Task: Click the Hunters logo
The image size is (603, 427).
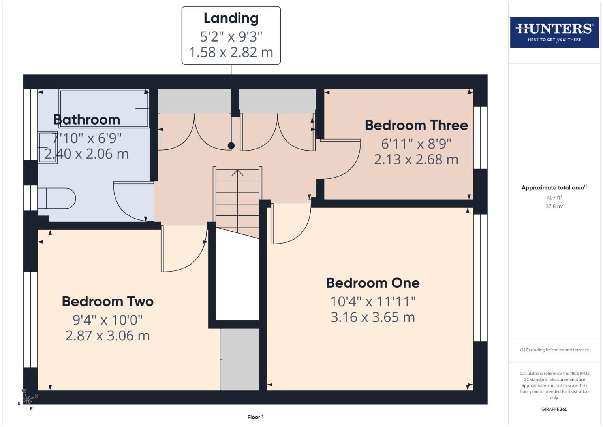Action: [x=554, y=32]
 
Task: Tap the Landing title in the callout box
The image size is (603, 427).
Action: [x=231, y=18]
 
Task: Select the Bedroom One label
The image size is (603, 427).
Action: [x=372, y=283]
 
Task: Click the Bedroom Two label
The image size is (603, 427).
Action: [x=107, y=302]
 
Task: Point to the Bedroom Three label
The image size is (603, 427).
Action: [x=416, y=125]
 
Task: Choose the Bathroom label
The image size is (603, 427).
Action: [x=86, y=119]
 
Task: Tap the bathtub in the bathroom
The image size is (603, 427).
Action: [x=104, y=108]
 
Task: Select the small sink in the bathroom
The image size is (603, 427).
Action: [x=47, y=147]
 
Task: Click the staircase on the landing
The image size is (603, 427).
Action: [x=237, y=198]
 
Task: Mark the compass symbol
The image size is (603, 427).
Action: [x=27, y=399]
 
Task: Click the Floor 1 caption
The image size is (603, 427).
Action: [x=255, y=417]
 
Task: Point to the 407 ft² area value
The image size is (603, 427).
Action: [x=554, y=198]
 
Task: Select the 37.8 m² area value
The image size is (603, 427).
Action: [x=554, y=206]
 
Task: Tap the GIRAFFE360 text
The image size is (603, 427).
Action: [x=554, y=409]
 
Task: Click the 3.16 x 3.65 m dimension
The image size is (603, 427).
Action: [x=372, y=317]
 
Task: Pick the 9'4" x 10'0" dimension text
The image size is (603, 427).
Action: [x=107, y=320]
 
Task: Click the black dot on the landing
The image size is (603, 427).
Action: [x=231, y=145]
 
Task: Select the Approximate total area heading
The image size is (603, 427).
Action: [x=554, y=188]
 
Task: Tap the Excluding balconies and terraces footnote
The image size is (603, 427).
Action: [x=554, y=350]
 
